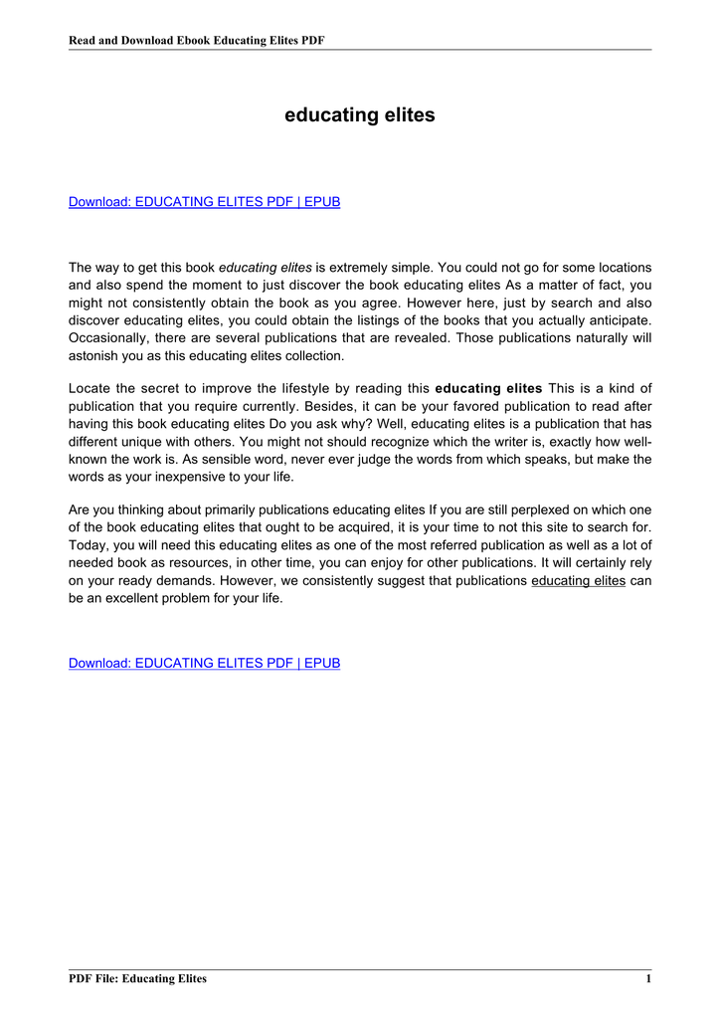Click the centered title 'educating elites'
(x=360, y=115)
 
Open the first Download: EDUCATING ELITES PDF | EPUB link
(x=204, y=202)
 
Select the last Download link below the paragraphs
(x=204, y=663)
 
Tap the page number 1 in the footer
(x=647, y=979)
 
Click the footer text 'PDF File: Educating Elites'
(x=137, y=979)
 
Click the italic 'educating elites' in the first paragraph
(x=266, y=268)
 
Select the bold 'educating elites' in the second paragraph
(x=489, y=388)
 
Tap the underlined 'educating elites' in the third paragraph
(x=579, y=580)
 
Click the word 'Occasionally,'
(x=109, y=337)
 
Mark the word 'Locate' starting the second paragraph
(x=90, y=388)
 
